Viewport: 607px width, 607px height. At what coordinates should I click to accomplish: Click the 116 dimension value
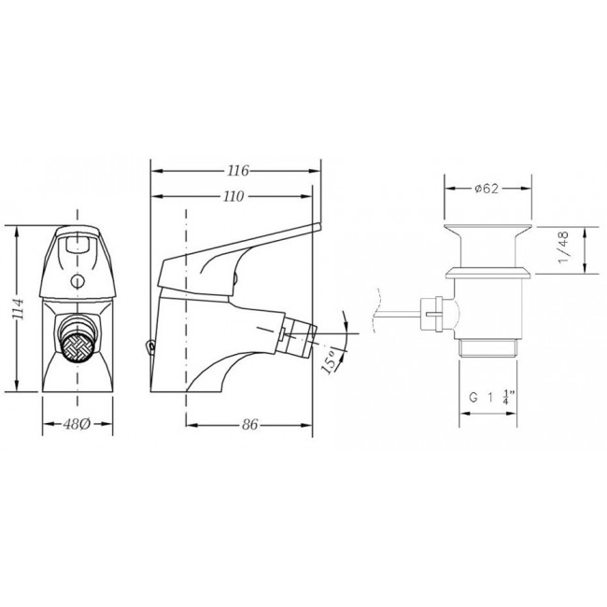(238, 171)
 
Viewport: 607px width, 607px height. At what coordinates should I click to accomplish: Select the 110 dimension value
(233, 197)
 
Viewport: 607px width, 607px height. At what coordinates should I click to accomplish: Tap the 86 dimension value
(249, 425)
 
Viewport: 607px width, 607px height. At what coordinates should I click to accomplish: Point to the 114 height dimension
(18, 309)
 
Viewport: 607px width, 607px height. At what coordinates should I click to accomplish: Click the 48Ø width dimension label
(77, 424)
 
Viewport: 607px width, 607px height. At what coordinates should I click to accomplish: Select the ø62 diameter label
(487, 189)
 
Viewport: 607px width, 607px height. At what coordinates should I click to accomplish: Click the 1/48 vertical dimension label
(563, 247)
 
